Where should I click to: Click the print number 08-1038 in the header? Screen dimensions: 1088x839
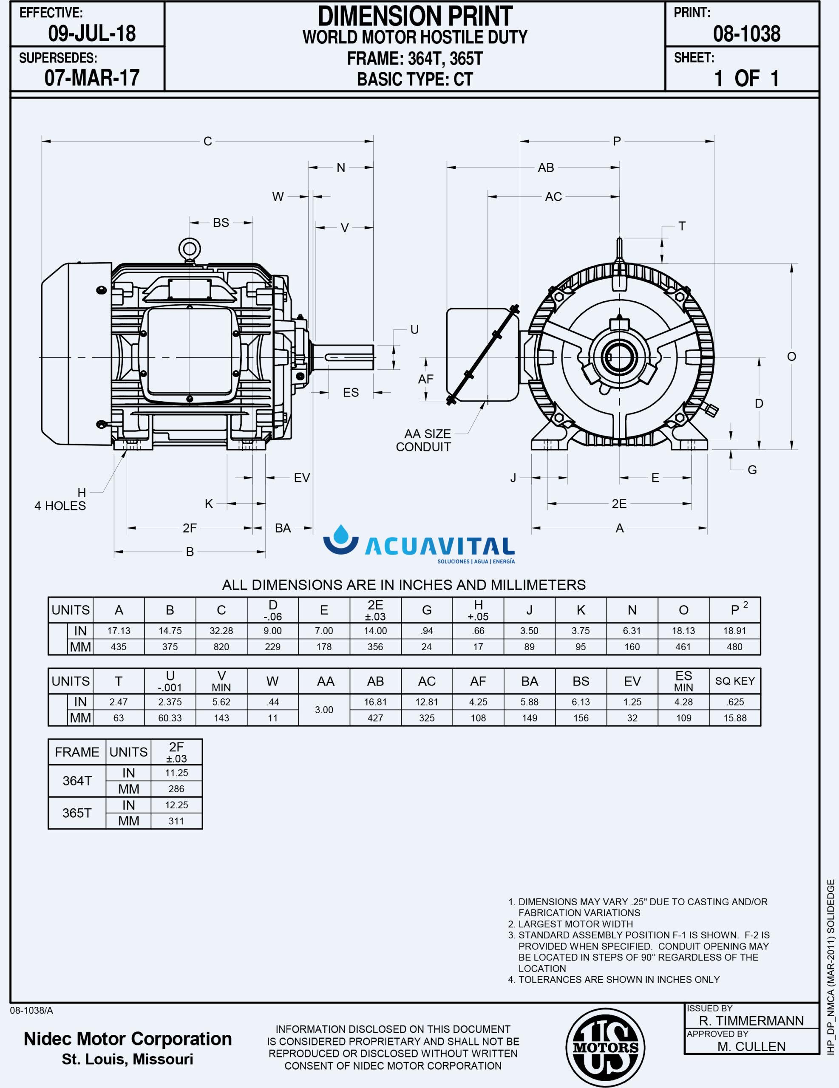click(746, 34)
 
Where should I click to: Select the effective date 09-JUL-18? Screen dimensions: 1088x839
click(92, 34)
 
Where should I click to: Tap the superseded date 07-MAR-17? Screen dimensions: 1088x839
click(92, 78)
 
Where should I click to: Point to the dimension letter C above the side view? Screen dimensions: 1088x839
click(208, 142)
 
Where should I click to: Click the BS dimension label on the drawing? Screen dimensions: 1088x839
click(221, 223)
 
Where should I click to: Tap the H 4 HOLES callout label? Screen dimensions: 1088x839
click(61, 499)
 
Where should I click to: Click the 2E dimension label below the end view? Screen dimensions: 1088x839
click(619, 504)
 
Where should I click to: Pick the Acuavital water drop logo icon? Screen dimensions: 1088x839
click(341, 539)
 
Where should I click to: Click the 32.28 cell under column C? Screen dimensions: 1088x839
click(221, 631)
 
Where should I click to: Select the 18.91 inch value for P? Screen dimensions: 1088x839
click(734, 631)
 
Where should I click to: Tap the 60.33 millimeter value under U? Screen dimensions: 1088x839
click(170, 718)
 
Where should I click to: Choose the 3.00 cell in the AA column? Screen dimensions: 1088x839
click(324, 710)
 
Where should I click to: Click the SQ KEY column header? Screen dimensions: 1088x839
click(734, 681)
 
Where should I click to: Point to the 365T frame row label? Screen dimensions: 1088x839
click(77, 813)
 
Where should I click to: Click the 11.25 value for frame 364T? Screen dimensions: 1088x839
click(176, 773)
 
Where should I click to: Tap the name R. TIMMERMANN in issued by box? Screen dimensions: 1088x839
click(751, 1021)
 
